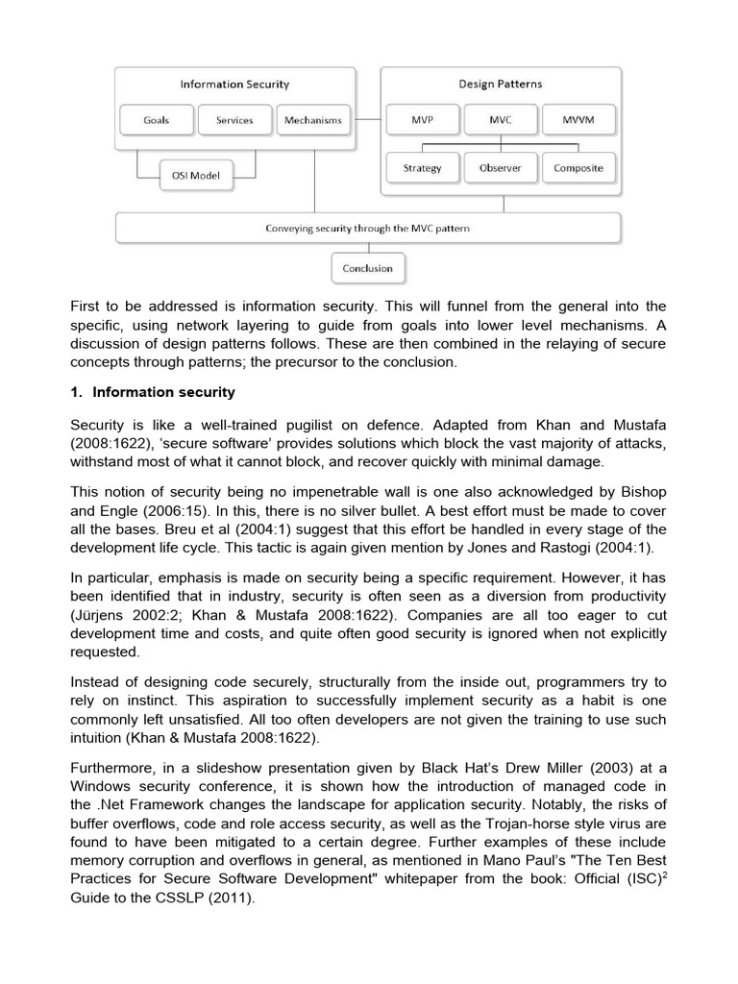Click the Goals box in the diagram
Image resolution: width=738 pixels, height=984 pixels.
pos(156,120)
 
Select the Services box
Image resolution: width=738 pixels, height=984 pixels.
pos(234,120)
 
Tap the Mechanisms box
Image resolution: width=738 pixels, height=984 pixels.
pos(313,120)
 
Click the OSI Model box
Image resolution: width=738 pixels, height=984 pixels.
pos(196,176)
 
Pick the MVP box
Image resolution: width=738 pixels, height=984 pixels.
pos(422,120)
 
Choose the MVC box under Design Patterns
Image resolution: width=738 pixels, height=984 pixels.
pos(500,120)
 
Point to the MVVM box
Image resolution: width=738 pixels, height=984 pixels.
pos(578,120)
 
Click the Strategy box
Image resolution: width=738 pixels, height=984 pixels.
pos(422,168)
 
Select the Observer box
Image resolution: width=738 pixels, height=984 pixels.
pos(500,168)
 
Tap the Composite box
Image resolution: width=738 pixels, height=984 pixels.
pos(578,168)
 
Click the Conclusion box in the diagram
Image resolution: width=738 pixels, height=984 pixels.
pos(367,268)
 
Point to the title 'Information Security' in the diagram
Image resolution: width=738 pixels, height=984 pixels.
pos(234,85)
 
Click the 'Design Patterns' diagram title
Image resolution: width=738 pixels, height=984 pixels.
pos(501,85)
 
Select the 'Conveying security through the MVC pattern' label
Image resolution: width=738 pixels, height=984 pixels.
pos(367,229)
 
